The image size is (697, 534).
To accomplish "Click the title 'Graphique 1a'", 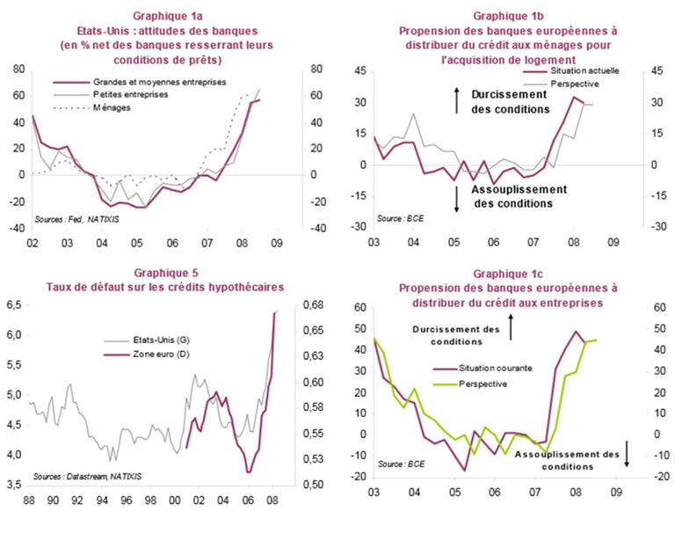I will click(167, 17).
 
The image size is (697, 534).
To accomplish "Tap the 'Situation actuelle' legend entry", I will click(584, 69).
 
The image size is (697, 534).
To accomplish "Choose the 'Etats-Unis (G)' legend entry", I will click(157, 340).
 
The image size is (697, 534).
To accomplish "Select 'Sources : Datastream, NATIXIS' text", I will click(88, 475).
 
